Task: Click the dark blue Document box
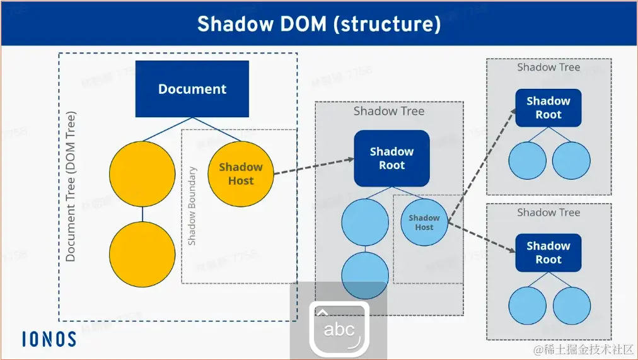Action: (x=192, y=89)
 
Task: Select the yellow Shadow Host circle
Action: (x=240, y=174)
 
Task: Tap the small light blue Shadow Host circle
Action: (x=424, y=222)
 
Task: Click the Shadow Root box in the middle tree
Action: (x=391, y=158)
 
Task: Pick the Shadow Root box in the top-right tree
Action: (x=548, y=108)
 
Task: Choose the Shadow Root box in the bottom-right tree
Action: (x=548, y=253)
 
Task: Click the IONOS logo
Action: (x=49, y=339)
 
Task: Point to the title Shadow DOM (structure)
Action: (x=318, y=24)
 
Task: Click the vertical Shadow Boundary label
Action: (x=192, y=206)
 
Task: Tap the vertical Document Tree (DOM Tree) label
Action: (x=71, y=187)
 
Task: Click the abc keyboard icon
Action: (x=339, y=328)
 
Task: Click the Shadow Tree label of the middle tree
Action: (x=388, y=112)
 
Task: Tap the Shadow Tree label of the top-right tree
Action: (x=548, y=67)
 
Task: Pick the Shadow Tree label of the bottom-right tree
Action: (x=548, y=212)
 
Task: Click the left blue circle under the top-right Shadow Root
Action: (x=527, y=161)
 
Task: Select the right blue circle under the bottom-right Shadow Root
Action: (x=571, y=306)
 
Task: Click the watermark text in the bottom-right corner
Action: (x=583, y=349)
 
